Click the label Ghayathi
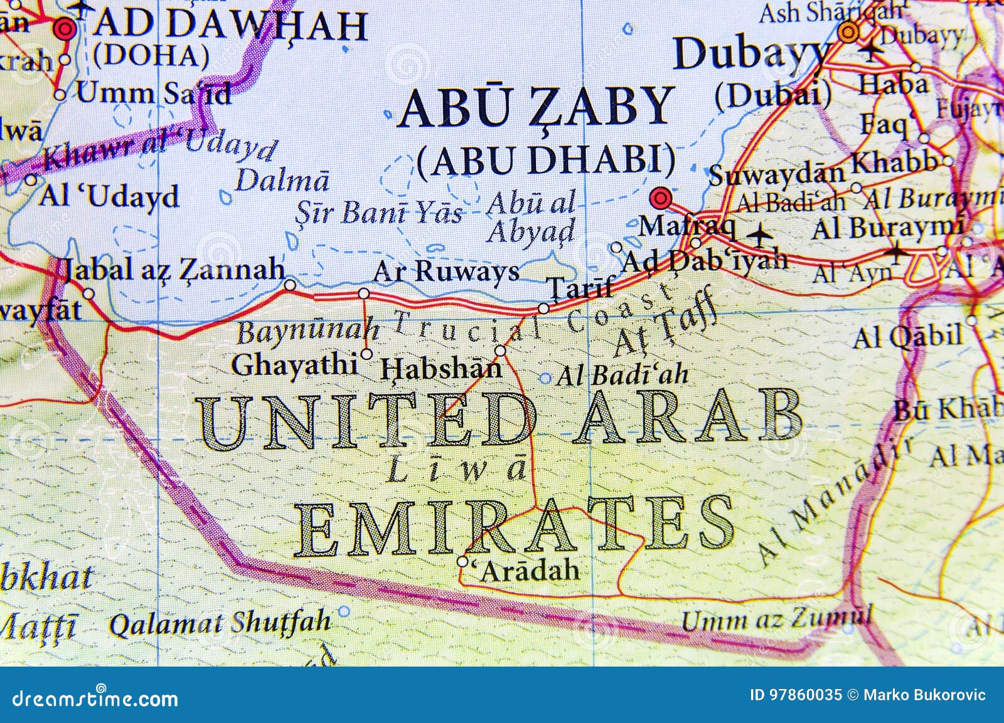[x=294, y=364]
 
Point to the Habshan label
[x=442, y=368]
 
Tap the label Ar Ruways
[x=446, y=272]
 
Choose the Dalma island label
[x=282, y=181]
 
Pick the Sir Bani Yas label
[x=379, y=213]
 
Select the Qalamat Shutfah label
[x=220, y=623]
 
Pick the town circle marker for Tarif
[x=543, y=309]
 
